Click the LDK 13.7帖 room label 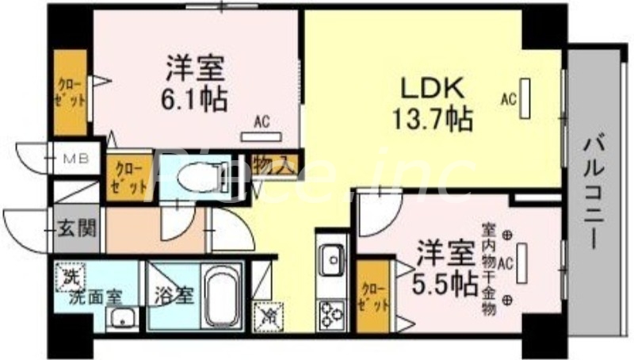[431, 104]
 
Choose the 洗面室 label [89, 298]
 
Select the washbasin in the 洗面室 [122, 319]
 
